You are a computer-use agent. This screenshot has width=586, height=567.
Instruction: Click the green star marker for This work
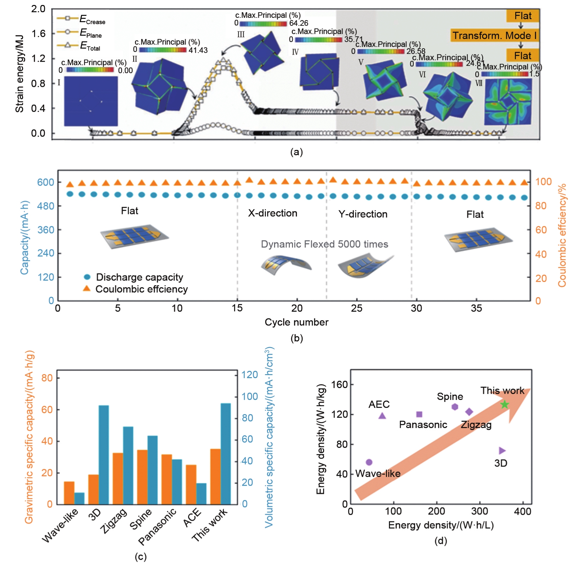click(504, 404)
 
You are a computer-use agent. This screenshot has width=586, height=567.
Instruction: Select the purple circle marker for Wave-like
click(369, 462)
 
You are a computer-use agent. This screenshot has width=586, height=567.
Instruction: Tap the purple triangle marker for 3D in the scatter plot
click(502, 450)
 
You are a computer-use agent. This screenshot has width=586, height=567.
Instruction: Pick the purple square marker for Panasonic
click(419, 414)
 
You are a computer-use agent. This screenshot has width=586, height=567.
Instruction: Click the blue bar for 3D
click(104, 454)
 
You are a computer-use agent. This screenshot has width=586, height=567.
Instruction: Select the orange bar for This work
click(215, 476)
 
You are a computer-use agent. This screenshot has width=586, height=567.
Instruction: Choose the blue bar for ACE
click(201, 493)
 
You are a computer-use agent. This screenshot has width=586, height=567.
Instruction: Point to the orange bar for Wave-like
click(69, 493)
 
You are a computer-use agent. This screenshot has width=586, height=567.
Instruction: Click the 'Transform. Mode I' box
click(494, 35)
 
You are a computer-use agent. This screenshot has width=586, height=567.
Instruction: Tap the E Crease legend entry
click(81, 19)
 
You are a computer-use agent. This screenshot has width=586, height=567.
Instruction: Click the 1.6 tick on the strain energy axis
click(38, 34)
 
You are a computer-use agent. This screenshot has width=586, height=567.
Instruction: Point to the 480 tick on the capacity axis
click(46, 206)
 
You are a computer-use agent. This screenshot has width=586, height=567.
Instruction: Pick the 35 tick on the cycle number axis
click(476, 308)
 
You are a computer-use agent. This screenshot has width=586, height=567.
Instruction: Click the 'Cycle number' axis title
click(296, 322)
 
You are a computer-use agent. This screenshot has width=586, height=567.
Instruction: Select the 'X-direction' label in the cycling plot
click(272, 213)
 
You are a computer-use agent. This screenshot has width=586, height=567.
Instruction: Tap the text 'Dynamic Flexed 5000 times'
click(324, 244)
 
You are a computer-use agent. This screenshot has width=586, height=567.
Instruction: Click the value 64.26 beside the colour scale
click(299, 23)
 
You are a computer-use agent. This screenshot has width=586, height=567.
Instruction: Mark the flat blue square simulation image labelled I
click(91, 101)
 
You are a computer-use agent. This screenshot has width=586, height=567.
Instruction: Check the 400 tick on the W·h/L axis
click(523, 512)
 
